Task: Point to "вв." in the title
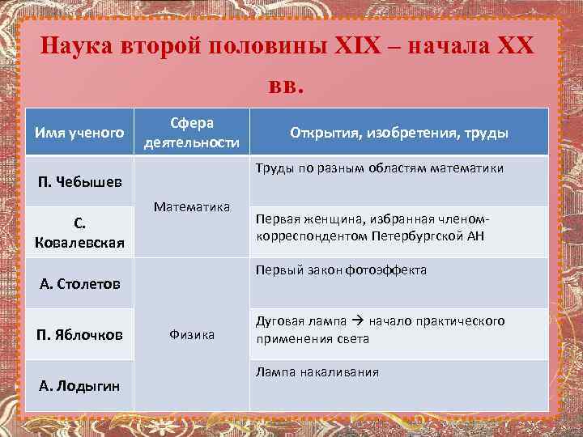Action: pos(284,84)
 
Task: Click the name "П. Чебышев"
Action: pos(79,179)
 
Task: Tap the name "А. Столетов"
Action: pos(79,283)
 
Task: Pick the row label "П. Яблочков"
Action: pos(79,334)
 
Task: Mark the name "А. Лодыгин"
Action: pos(79,385)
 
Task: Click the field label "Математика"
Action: pos(191,206)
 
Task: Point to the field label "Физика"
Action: pos(191,333)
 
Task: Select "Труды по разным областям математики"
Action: pos(379,168)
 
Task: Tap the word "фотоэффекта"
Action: pos(386,270)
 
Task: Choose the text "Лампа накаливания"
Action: pos(317,372)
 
